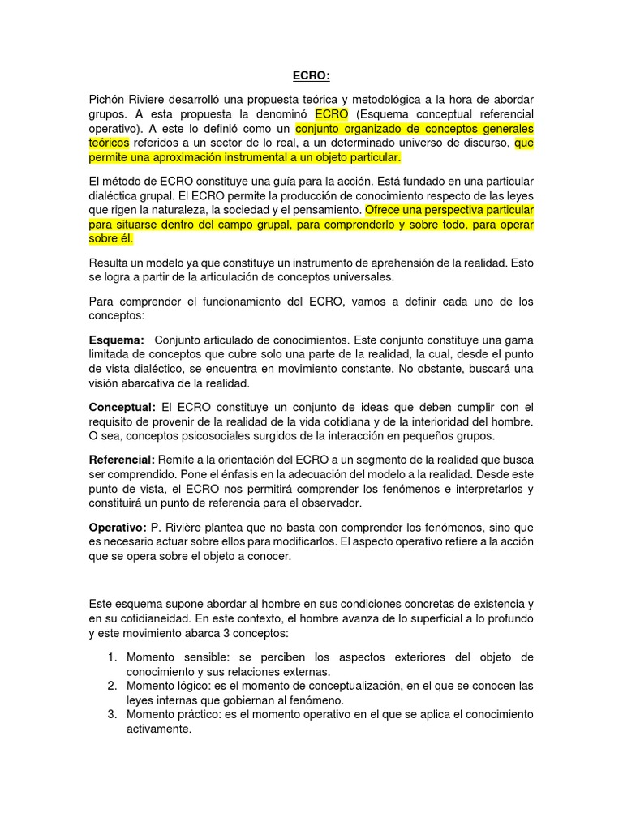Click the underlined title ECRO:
pyautogui.click(x=311, y=77)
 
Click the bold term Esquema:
pyautogui.click(x=117, y=340)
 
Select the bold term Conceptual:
pyautogui.click(x=122, y=406)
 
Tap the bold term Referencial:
pyautogui.click(x=122, y=459)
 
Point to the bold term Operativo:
pyautogui.click(x=118, y=527)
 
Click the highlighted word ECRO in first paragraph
pyautogui.click(x=332, y=114)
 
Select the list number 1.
pyautogui.click(x=112, y=657)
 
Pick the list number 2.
pyautogui.click(x=112, y=686)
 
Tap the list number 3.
pyautogui.click(x=112, y=714)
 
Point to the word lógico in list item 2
pyautogui.click(x=198, y=686)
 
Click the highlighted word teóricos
pyautogui.click(x=110, y=143)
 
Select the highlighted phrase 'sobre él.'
pyautogui.click(x=111, y=238)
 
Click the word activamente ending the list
pyautogui.click(x=159, y=729)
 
